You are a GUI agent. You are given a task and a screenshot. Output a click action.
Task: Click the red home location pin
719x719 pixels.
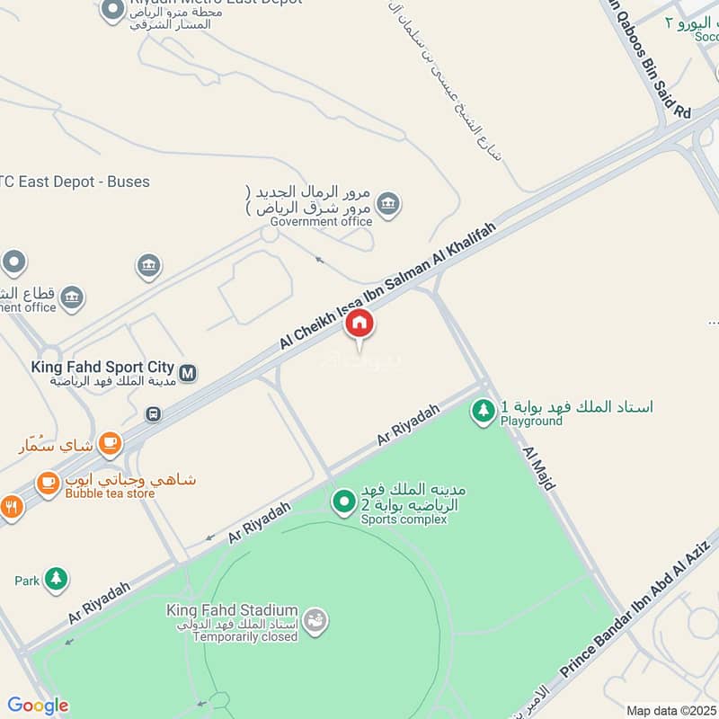pyautogui.click(x=359, y=324)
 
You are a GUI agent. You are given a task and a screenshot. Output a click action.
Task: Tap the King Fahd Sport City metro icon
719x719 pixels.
pyautogui.click(x=188, y=372)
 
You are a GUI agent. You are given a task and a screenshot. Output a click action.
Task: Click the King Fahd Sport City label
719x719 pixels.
pyautogui.click(x=102, y=367)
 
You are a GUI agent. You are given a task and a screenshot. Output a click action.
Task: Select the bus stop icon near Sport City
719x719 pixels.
pyautogui.click(x=154, y=414)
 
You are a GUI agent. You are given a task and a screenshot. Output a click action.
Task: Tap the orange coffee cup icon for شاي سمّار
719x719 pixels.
pyautogui.click(x=110, y=442)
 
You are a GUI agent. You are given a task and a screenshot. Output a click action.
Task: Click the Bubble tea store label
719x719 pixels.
pyautogui.click(x=110, y=493)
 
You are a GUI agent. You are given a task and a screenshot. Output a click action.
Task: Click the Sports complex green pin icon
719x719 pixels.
pyautogui.click(x=343, y=502)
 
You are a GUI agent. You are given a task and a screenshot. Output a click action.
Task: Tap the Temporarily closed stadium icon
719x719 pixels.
pyautogui.click(x=315, y=620)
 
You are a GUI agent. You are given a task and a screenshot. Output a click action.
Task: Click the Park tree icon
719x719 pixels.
pyautogui.click(x=56, y=580)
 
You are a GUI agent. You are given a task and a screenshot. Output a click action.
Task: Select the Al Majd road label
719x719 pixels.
pyautogui.click(x=538, y=465)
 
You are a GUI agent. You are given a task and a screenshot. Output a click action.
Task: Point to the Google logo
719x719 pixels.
pyautogui.click(x=38, y=706)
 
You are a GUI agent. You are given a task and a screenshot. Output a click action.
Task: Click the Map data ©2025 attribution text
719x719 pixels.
pyautogui.click(x=670, y=710)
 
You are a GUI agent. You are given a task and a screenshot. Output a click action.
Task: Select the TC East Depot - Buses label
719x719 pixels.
pyautogui.click(x=75, y=182)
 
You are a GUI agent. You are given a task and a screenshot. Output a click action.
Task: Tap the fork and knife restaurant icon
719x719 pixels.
pyautogui.click(x=11, y=506)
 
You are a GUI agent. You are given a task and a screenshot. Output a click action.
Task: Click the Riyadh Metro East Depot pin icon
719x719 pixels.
pyautogui.click(x=112, y=10)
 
